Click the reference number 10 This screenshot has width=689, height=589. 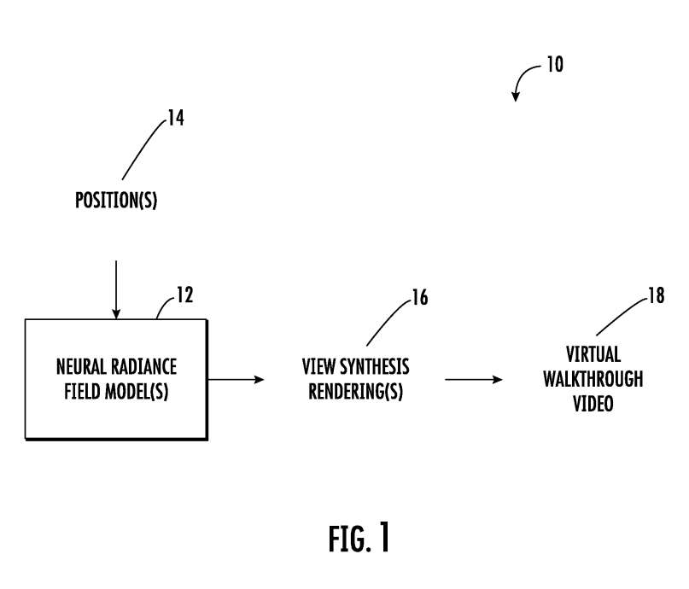[555, 65]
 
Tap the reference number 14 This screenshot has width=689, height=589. [176, 118]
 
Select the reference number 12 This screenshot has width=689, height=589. [185, 295]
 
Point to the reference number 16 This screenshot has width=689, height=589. [420, 297]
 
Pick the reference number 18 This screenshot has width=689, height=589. [657, 295]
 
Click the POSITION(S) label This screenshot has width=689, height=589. [116, 201]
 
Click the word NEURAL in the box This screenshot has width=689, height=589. [81, 367]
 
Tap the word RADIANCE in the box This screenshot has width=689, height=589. [143, 367]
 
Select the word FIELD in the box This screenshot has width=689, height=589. [82, 391]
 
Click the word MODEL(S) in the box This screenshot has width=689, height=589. [137, 392]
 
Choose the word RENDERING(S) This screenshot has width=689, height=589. [355, 392]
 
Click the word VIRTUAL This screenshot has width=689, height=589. [593, 354]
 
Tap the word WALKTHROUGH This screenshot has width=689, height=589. [593, 379]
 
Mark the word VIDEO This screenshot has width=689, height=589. [593, 404]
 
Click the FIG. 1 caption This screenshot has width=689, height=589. [359, 539]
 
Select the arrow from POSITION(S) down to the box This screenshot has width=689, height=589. [116, 290]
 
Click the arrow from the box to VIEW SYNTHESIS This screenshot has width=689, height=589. [236, 379]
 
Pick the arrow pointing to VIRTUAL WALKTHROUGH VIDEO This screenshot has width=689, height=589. [474, 379]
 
